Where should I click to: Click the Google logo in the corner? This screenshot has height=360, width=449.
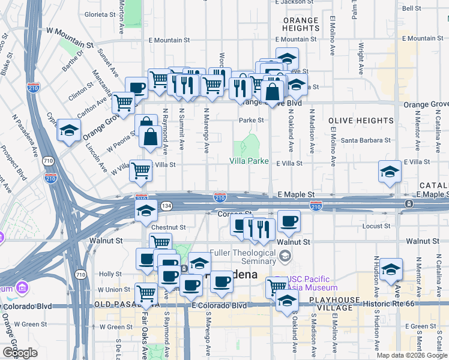coord(20,353)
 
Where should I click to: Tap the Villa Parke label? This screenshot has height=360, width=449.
coord(249,161)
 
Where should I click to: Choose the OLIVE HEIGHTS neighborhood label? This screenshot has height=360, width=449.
coord(360,121)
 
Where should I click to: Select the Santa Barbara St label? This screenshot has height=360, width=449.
coord(366,140)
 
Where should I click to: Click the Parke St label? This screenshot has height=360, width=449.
coord(252,120)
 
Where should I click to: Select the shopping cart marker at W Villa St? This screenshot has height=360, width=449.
coord(140,170)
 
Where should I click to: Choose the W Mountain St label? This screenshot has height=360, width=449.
coord(70,37)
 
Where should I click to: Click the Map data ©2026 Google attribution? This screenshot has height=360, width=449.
coord(412,355)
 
